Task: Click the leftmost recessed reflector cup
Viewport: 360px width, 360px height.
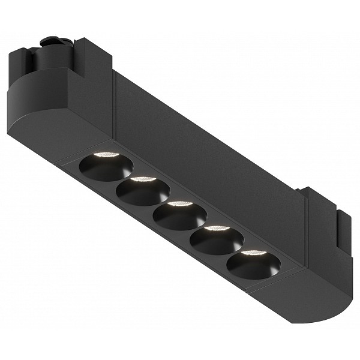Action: (106, 166)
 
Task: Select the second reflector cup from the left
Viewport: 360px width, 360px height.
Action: (143, 191)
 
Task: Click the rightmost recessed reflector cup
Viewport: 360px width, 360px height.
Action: (253, 263)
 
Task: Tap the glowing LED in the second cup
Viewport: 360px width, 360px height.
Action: (143, 179)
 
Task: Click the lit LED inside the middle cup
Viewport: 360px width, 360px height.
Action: (181, 204)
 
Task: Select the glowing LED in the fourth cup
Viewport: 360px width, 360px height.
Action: (217, 229)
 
